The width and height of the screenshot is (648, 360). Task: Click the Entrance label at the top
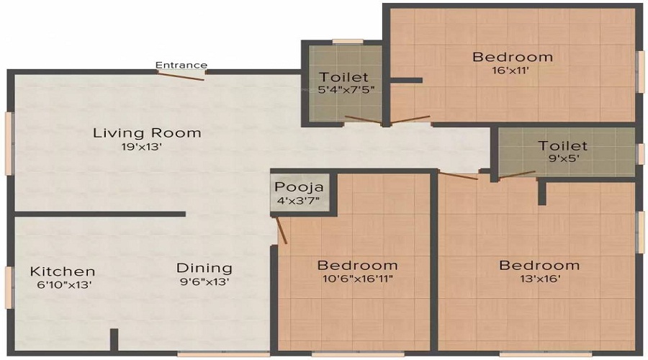point(181,65)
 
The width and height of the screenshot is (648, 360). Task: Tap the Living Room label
point(147,133)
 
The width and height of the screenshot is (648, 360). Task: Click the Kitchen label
point(63,271)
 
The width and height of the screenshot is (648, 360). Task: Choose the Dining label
point(204,268)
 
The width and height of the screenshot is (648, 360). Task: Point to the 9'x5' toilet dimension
point(562,159)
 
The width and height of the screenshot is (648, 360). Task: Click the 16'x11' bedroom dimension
point(513,71)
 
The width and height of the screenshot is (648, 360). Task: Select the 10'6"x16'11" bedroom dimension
point(357,279)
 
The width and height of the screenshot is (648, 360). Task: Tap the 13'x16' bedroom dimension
point(539,279)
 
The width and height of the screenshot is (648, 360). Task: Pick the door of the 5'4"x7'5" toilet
point(364,120)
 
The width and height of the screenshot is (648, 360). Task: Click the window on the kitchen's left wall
point(8,287)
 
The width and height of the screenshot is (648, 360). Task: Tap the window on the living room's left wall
point(8,143)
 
